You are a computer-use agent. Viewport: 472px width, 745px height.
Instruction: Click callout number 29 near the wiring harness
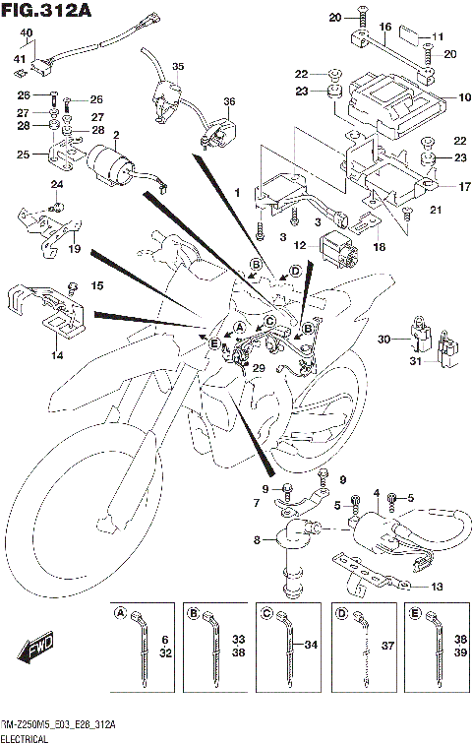tap(260, 367)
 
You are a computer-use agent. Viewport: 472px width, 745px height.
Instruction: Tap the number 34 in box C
tap(312, 646)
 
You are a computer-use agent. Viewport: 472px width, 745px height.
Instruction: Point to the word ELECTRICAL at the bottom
tap(30, 736)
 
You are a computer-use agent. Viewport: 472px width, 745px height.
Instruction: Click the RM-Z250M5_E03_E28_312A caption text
tap(59, 723)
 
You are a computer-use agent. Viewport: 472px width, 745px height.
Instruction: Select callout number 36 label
tap(228, 101)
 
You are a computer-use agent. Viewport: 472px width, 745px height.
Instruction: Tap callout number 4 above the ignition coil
tap(376, 492)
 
